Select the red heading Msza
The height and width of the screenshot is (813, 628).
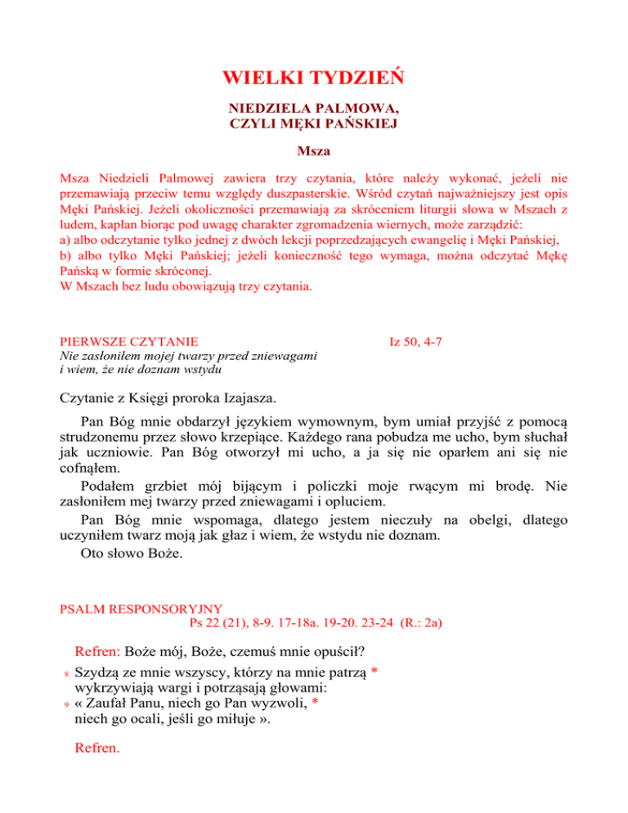pos(313,151)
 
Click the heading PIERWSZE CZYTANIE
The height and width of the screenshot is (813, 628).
pos(132,338)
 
